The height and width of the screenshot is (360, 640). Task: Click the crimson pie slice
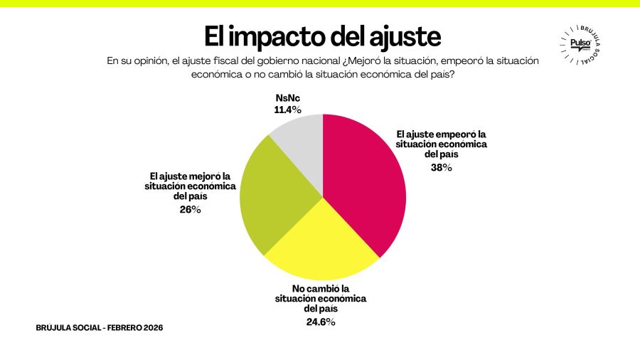tap(363, 185)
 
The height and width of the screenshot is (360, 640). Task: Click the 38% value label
tap(442, 168)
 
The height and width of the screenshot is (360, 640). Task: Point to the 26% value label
tap(191, 209)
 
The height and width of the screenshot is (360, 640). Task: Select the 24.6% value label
tap(320, 322)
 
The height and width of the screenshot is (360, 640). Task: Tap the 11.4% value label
tap(288, 110)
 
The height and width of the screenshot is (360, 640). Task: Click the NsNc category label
tap(287, 98)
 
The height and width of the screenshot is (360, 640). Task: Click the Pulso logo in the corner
tap(580, 44)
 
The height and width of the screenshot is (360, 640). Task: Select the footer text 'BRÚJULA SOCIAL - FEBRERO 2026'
tap(99, 328)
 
